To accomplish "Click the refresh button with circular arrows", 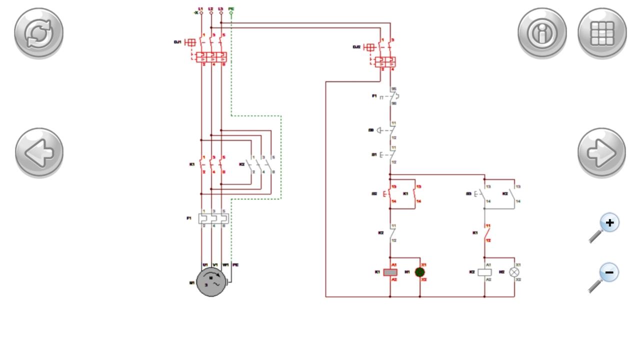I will click(x=38, y=32).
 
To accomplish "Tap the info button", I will click(x=542, y=32).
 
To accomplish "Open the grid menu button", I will click(x=602, y=32).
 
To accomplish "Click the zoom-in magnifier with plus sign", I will click(x=604, y=228).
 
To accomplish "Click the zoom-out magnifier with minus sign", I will click(x=604, y=277).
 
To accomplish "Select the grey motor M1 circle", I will click(x=212, y=281).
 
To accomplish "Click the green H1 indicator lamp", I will click(x=420, y=272).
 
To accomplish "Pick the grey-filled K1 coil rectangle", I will click(x=390, y=272).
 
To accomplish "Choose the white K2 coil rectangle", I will click(x=484, y=272).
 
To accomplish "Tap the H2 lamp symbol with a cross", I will click(x=514, y=272).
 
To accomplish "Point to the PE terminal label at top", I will click(x=231, y=8).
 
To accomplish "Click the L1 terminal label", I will click(x=201, y=8).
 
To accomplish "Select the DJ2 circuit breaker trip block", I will click(x=385, y=62).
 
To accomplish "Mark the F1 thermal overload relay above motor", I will click(x=213, y=218).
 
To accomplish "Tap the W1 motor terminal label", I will click(x=226, y=264).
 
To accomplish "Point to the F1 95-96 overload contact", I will click(x=392, y=96).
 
